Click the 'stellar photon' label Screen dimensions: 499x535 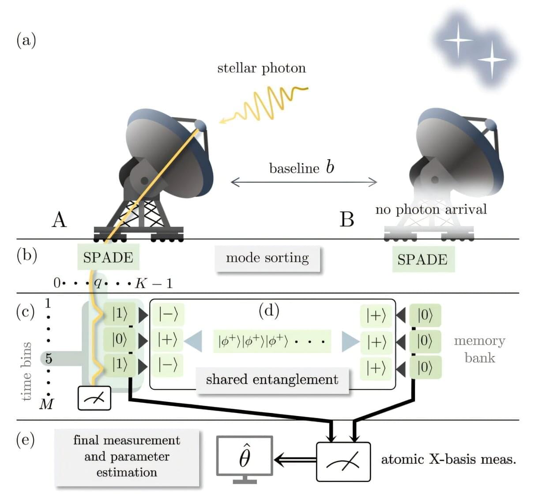point(261,68)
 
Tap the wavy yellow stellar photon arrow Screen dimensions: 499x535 point(265,104)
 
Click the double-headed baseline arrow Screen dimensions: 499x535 point(304,181)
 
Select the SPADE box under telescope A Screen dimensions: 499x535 point(108,257)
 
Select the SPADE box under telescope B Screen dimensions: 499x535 point(422,259)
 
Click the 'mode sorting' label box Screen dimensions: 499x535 point(267,258)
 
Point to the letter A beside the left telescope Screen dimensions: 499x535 point(59,219)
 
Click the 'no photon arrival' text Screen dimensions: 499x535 point(431,209)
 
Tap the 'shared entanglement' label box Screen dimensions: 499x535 point(272,379)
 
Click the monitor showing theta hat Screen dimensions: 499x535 point(245,457)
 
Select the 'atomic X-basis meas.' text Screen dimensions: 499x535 point(448,459)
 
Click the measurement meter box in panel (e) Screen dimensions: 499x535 point(343,461)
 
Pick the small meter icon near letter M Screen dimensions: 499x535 point(94,398)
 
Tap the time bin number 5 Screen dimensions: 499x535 point(49,358)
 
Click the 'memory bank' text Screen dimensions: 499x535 point(480,349)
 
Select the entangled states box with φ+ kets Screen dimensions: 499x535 point(272,341)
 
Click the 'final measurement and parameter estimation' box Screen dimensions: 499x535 point(127,456)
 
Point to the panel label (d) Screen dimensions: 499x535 point(269,311)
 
